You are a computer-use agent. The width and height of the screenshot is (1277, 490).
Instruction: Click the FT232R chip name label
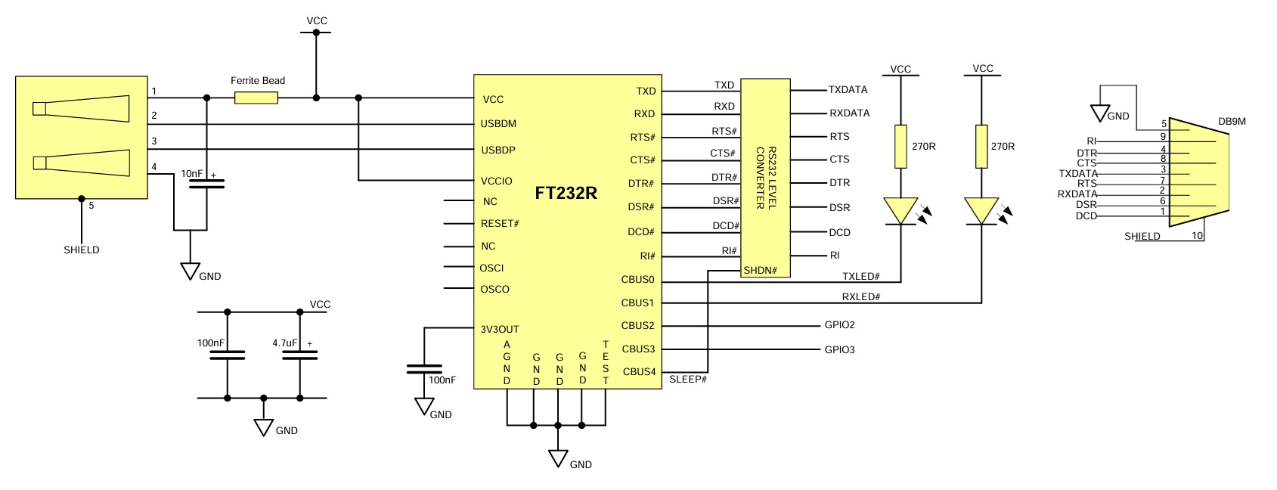coord(566,193)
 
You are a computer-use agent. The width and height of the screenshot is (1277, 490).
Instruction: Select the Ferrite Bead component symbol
coord(256,98)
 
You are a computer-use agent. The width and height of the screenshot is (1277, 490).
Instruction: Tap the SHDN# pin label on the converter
coord(761,270)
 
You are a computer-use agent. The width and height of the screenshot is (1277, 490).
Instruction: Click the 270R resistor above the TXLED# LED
coord(900,146)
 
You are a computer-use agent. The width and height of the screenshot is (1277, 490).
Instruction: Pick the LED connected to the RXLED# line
coord(981,211)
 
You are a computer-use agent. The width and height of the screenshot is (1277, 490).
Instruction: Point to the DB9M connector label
coord(1232,121)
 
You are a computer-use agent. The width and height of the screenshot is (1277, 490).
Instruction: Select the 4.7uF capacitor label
coord(284,343)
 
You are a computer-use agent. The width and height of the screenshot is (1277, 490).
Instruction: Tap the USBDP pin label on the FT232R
coord(498,150)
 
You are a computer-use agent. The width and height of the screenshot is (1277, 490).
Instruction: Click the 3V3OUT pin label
coord(500,329)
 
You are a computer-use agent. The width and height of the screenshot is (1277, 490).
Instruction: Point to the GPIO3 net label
coord(839,349)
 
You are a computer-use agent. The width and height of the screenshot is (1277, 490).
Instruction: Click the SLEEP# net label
coord(688,379)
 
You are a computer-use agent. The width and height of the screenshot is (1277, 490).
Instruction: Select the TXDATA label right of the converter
coord(848,89)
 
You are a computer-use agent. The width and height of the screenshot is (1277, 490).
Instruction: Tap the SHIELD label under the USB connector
coord(81,250)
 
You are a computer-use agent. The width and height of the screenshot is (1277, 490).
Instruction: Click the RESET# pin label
coord(500,223)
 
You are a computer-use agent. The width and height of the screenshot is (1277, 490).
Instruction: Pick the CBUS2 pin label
coord(637,325)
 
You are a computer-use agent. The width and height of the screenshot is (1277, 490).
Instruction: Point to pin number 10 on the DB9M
coord(1197,235)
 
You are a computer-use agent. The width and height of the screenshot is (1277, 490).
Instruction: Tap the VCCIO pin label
coord(497,181)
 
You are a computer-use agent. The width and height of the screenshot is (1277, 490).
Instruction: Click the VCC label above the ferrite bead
coord(317,20)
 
